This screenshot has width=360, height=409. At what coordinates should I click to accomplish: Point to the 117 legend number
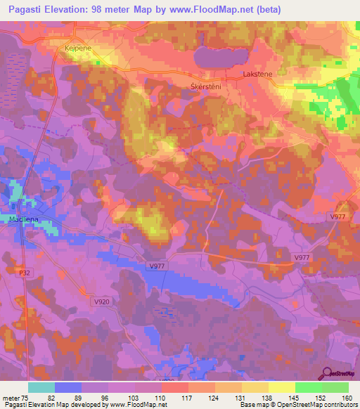pos(188,396)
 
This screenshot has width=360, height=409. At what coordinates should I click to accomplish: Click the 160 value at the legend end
pos(347,396)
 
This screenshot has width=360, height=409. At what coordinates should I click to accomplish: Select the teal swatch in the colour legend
pos(41,387)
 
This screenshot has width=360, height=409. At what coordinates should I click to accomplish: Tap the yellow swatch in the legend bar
pos(282,387)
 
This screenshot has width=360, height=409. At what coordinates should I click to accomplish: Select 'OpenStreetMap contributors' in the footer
pos(317,404)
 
